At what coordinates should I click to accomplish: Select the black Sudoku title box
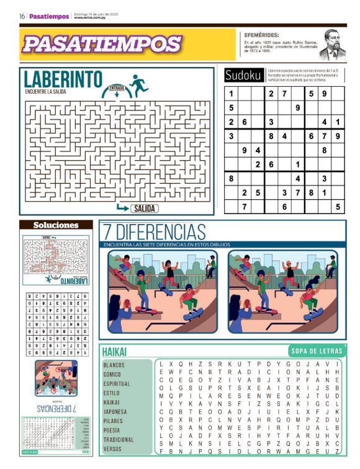243,76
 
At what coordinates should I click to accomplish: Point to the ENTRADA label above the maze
117,88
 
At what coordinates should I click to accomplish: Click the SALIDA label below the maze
144,208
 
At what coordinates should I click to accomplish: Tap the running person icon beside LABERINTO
138,85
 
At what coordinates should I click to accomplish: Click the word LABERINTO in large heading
63,79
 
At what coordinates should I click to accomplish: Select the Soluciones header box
56,225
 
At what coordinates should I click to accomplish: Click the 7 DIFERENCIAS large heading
155,232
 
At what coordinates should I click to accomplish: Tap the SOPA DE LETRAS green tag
316,351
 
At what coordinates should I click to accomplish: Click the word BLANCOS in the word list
114,365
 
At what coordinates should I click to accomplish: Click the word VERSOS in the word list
112,449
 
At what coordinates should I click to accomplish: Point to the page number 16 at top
22,16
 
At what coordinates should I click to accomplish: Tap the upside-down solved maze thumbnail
56,259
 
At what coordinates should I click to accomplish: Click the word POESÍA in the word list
112,430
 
